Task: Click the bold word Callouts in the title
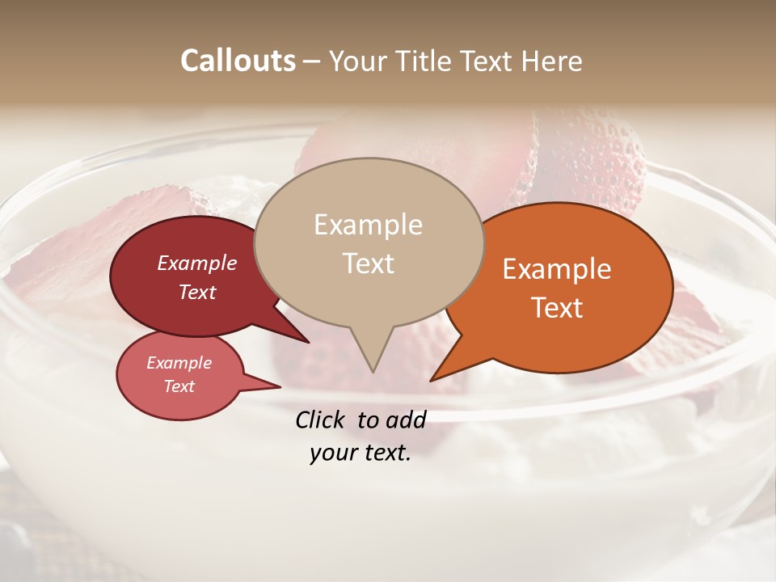click(x=238, y=61)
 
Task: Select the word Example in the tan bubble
click(x=368, y=225)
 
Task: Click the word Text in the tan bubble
click(x=368, y=263)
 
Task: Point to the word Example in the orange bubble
click(x=557, y=269)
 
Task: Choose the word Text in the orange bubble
click(x=557, y=307)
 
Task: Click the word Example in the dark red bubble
click(x=197, y=263)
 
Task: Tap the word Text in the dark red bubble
click(x=197, y=292)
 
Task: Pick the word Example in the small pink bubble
click(x=179, y=363)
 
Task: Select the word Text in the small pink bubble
click(x=179, y=386)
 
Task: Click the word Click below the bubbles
click(x=321, y=420)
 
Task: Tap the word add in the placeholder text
click(x=406, y=420)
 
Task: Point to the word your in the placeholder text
click(x=331, y=453)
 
